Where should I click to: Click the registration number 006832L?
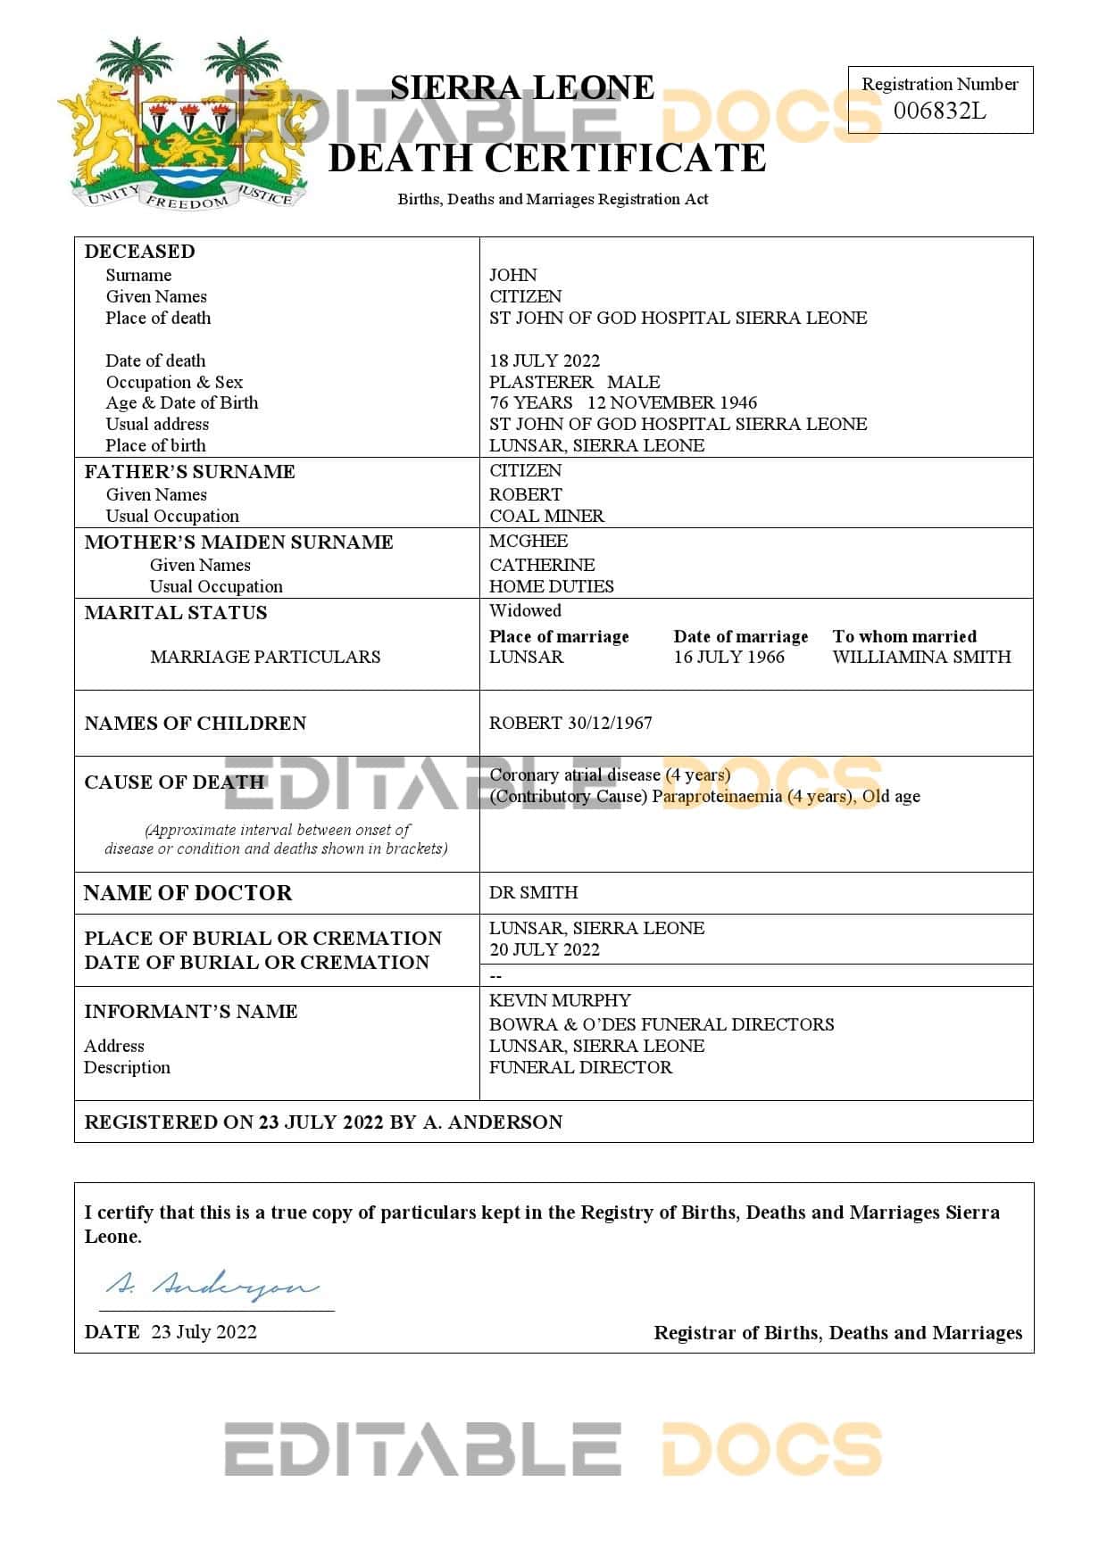click(939, 111)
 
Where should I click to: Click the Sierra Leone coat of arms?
click(187, 123)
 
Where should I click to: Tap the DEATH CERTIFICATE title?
click(547, 158)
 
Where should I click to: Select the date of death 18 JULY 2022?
click(545, 360)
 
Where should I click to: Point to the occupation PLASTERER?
click(541, 382)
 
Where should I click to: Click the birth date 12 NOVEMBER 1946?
click(671, 402)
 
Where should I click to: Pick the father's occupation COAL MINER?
click(546, 516)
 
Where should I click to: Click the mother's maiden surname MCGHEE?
click(529, 541)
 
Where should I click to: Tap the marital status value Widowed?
click(525, 610)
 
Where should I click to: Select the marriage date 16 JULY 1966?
click(728, 657)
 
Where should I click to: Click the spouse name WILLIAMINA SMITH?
click(921, 657)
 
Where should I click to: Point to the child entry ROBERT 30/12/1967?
click(570, 723)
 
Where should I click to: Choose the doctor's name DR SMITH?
click(533, 892)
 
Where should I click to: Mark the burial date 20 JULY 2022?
click(545, 949)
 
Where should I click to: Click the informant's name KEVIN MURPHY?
click(560, 1000)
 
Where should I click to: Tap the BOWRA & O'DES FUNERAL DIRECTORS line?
click(662, 1024)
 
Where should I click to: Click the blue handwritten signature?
click(212, 1286)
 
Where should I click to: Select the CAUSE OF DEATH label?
click(174, 782)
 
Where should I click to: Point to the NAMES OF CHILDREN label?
click(195, 723)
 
